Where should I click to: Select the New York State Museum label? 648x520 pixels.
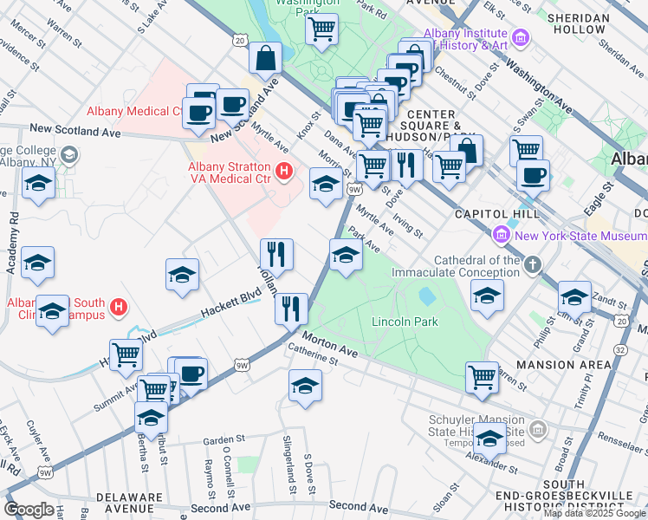579,236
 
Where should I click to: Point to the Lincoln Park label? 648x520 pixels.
405,322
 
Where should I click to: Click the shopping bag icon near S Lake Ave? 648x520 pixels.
265,59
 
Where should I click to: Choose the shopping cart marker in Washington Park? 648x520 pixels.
321,29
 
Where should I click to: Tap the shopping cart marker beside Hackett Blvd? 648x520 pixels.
126,354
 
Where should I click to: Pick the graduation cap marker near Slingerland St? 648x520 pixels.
305,386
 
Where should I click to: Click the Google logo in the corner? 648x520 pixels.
29,510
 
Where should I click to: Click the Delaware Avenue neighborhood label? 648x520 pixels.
130,504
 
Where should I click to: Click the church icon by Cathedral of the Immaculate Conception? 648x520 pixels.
532,263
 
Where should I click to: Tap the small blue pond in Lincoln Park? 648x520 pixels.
426,296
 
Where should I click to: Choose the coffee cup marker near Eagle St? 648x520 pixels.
533,175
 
